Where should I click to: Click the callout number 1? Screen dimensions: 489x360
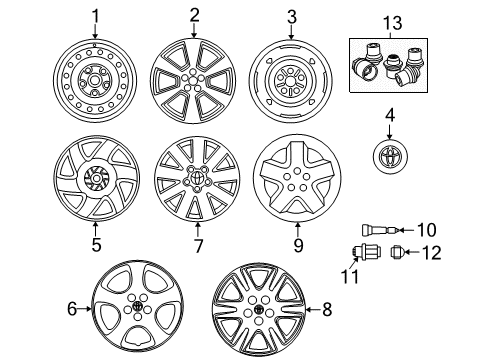(x=96, y=17)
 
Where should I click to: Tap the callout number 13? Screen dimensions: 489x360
(x=392, y=23)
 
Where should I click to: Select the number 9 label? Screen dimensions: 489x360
(x=298, y=245)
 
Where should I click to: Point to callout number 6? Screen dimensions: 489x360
(x=72, y=309)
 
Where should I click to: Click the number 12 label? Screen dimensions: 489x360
(x=432, y=253)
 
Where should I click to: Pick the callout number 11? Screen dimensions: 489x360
(x=350, y=277)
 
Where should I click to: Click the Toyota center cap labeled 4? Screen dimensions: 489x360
(x=390, y=157)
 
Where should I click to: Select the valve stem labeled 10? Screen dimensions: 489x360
(x=381, y=230)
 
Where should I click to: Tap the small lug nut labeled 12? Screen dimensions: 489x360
(x=397, y=252)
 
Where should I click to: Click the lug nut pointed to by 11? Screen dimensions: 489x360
(x=361, y=251)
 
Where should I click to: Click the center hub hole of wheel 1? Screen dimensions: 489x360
(x=95, y=80)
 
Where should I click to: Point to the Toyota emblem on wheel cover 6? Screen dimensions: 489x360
(x=137, y=307)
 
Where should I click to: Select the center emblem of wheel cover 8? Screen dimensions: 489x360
(x=259, y=310)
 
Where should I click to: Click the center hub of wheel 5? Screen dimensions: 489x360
(x=96, y=179)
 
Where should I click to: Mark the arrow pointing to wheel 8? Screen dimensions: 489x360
(x=312, y=310)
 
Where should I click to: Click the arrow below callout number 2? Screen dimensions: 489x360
(x=194, y=31)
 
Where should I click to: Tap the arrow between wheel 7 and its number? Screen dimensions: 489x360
(x=198, y=230)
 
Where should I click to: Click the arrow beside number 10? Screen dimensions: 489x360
(x=406, y=230)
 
